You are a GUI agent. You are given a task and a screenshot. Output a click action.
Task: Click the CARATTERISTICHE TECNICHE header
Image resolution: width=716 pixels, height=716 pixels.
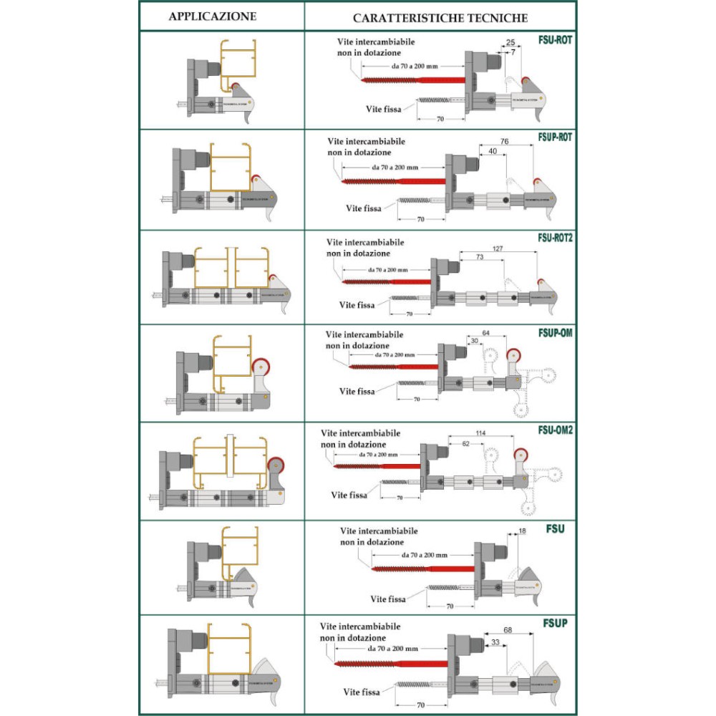(x=440, y=16)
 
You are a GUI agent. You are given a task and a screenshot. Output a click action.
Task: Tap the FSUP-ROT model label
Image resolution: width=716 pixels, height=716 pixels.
(x=553, y=137)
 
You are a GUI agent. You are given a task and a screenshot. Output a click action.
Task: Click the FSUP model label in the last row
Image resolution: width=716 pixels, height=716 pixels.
(x=556, y=623)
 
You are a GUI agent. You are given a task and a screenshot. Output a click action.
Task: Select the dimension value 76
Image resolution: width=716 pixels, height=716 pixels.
(x=505, y=142)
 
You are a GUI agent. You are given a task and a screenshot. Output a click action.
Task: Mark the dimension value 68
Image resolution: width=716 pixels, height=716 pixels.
(x=508, y=629)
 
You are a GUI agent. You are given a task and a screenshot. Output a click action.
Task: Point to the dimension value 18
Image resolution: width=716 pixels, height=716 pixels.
(x=521, y=531)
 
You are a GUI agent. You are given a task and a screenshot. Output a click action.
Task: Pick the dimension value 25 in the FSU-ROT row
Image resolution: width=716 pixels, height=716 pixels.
(x=511, y=43)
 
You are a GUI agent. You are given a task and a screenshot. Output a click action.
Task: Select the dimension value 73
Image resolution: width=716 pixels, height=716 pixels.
(x=480, y=256)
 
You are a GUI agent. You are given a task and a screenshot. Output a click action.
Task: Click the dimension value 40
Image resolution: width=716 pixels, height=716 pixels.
(x=493, y=151)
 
